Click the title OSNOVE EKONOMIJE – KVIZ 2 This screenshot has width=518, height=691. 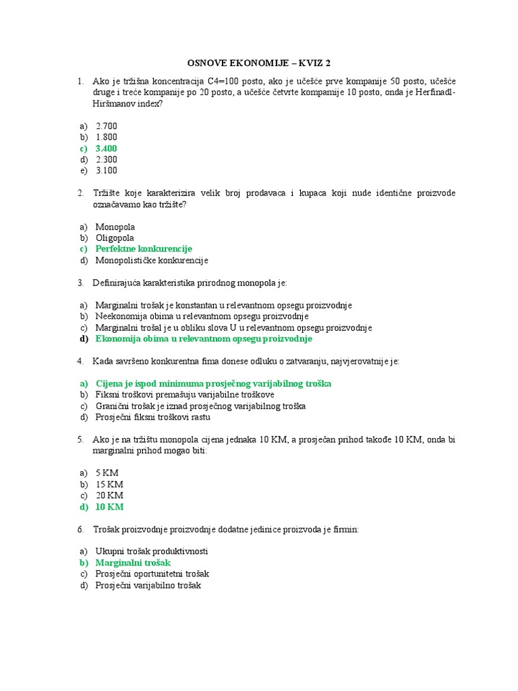tap(259, 63)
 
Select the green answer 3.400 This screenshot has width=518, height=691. tap(107, 148)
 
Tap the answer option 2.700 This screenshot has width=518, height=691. tap(107, 126)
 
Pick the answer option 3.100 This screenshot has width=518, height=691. tap(107, 171)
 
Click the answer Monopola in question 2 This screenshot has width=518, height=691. tap(115, 227)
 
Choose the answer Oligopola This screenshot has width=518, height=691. tap(115, 238)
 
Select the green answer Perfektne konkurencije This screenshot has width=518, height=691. tap(144, 249)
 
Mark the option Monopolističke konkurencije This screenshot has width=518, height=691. tap(152, 260)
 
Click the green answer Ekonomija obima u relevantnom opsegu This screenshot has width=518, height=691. tap(204, 339)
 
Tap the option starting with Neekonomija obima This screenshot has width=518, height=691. tap(202, 316)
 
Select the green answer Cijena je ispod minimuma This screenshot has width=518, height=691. tap(213, 383)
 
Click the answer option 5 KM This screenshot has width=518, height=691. tap(107, 473)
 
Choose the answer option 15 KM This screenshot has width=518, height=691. tap(109, 485)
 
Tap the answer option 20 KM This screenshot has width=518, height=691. tap(109, 495)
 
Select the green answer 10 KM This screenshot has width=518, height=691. tap(109, 507)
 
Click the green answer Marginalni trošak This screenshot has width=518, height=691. tap(133, 562)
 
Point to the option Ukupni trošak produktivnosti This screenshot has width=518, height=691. tap(152, 551)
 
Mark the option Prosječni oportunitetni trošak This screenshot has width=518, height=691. tap(152, 574)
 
